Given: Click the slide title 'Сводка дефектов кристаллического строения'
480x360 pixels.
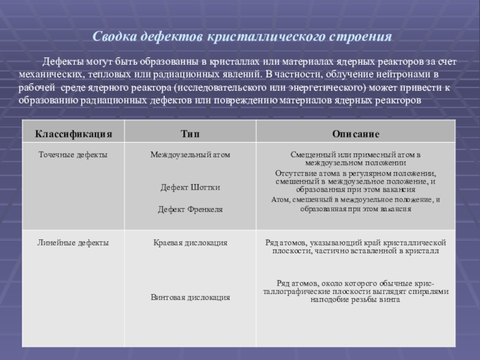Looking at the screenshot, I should click(242, 37).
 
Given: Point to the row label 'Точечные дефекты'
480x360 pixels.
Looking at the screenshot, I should click(73, 155).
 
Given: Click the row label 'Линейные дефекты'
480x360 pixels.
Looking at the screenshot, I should click(74, 242).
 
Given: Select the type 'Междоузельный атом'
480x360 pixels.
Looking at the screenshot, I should click(190, 155).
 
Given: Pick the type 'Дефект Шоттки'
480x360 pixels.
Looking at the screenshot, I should click(190, 187).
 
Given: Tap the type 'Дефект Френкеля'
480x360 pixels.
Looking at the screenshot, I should click(190, 209).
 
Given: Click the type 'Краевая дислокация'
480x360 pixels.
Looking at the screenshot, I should click(190, 242).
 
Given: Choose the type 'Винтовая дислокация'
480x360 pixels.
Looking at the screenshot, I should click(190, 297).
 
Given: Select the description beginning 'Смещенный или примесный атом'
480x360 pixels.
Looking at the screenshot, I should click(356, 158).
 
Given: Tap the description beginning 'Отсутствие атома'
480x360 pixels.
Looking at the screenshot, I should click(356, 181).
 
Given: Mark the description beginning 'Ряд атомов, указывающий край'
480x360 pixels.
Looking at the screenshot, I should click(356, 247).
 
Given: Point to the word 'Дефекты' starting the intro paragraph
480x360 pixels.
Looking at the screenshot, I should click(61, 62).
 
